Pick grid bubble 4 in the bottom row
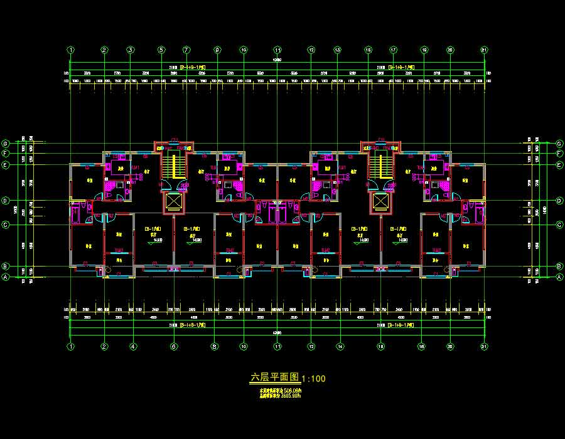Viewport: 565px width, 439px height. pyautogui.click(x=133, y=346)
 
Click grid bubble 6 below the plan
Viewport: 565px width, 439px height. pyautogui.click(x=174, y=346)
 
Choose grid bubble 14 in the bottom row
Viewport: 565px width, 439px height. pyautogui.click(x=340, y=346)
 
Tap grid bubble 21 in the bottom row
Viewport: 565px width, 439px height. pyautogui.click(x=483, y=346)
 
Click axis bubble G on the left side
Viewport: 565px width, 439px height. pyautogui.click(x=5, y=142)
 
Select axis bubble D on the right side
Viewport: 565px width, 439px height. pyautogui.click(x=559, y=201)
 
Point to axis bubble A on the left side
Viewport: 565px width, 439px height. pyautogui.click(x=5, y=277)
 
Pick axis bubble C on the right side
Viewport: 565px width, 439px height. pyautogui.click(x=559, y=225)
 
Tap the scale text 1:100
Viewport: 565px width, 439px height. pyautogui.click(x=314, y=379)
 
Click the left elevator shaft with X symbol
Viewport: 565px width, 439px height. pyautogui.click(x=173, y=201)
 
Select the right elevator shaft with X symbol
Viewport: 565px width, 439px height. pyautogui.click(x=380, y=201)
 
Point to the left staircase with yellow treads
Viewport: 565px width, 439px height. pyautogui.click(x=171, y=166)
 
